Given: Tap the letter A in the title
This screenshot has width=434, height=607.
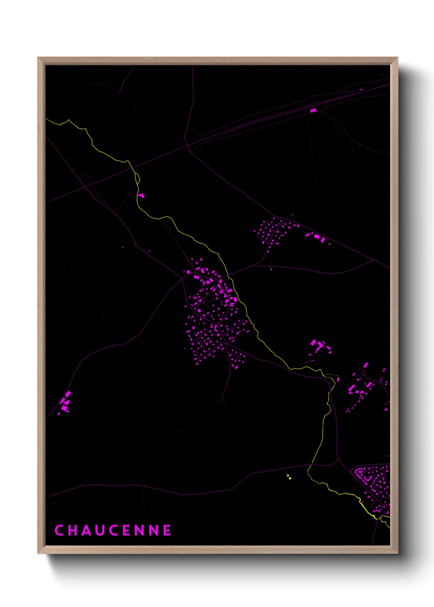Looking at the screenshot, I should coord(86,530).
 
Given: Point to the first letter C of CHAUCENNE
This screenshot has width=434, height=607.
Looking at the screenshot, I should coord(59,530).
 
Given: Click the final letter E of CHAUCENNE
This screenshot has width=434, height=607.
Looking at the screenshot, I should coord(167,530).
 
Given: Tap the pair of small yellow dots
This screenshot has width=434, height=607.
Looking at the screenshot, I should coord(289,477).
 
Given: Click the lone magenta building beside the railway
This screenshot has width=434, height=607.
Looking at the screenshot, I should coord(313,110).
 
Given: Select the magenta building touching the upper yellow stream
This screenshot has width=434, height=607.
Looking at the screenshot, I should coord(141,195).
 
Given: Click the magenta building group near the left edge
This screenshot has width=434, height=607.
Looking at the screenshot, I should coord(66,402).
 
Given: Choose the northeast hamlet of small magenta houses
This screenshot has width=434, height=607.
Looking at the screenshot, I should coord(273,230).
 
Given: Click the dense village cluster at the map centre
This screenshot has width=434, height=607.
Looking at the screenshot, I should coord(211,316).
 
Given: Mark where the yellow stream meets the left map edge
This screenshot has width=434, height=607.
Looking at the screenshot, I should coord(46,119).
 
